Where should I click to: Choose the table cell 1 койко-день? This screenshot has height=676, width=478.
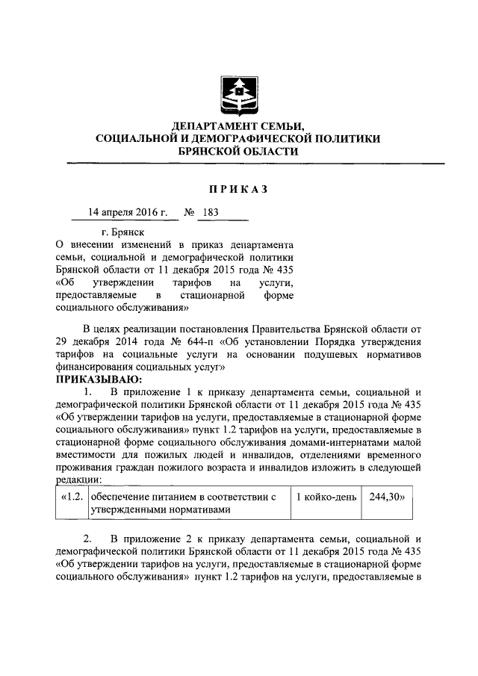(325, 496)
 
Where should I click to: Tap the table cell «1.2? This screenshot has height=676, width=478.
(72, 496)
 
